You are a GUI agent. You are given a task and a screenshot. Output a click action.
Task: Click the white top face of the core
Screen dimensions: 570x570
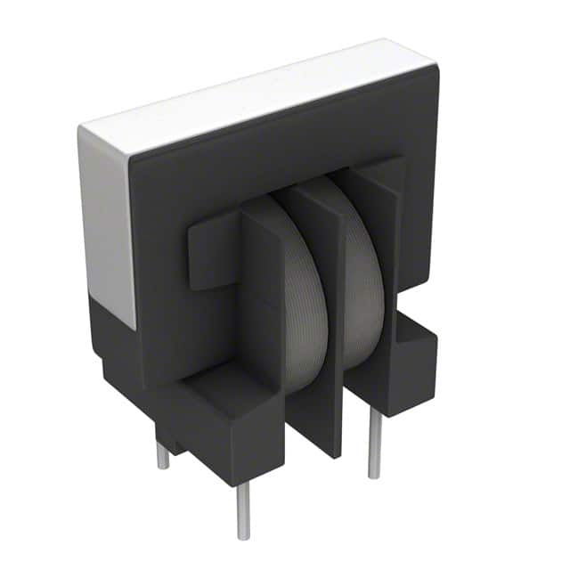258,94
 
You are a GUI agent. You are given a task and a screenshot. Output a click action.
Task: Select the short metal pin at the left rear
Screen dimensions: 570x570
163,456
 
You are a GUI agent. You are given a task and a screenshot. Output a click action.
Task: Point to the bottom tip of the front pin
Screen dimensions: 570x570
243,537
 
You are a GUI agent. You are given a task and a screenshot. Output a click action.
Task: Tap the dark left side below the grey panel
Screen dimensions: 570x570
116,347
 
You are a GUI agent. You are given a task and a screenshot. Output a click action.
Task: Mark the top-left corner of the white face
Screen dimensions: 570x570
82,128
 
